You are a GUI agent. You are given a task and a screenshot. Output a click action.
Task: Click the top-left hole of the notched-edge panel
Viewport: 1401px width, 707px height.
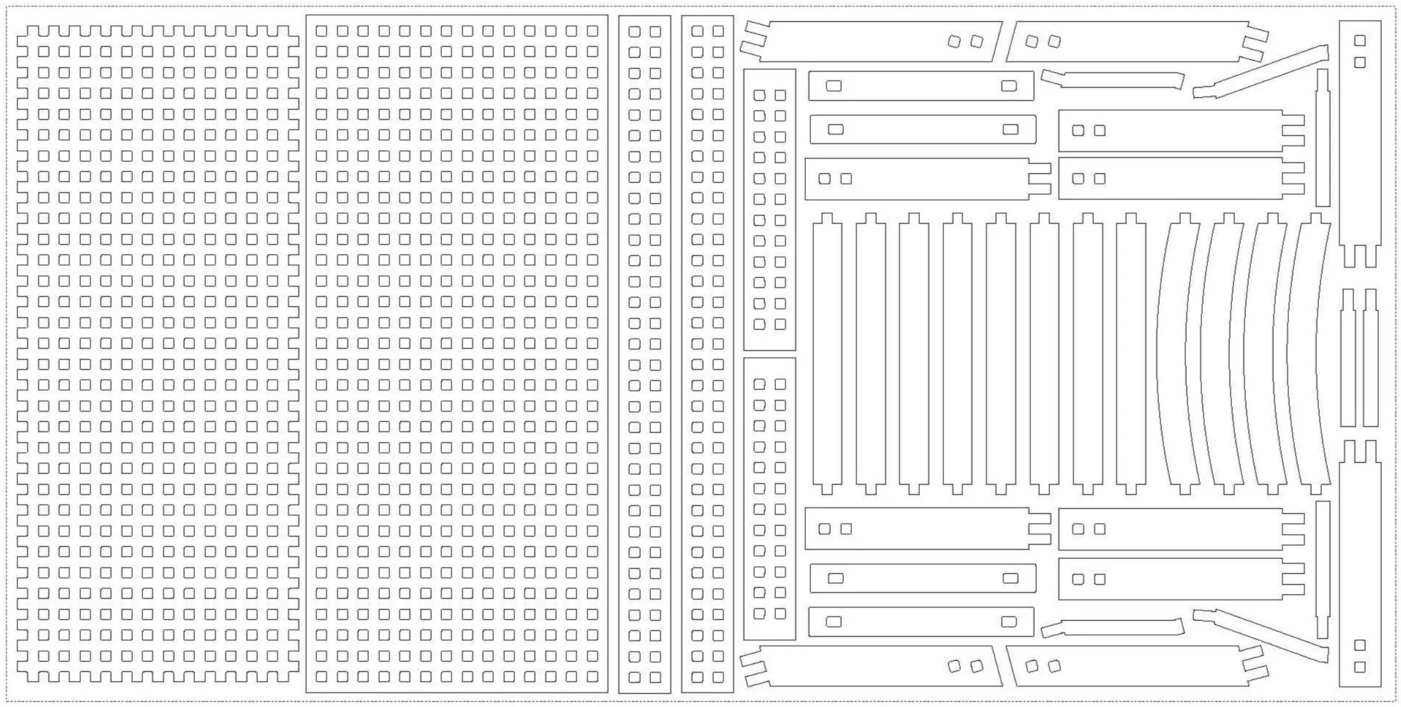pos(43,52)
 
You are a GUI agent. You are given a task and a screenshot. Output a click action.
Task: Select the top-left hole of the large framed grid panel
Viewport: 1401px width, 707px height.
pos(322,31)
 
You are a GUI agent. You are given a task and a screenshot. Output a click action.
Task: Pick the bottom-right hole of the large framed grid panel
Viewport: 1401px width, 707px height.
pos(592,677)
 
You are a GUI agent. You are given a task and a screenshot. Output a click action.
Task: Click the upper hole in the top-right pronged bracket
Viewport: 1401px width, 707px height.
pos(1359,40)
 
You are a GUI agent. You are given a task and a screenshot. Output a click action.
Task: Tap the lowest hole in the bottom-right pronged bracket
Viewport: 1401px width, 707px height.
pos(1359,667)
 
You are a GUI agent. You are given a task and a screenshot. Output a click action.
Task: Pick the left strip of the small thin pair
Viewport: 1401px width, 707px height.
pos(1348,358)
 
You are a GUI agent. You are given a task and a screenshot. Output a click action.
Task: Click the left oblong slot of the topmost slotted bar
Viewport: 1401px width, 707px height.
pos(833,86)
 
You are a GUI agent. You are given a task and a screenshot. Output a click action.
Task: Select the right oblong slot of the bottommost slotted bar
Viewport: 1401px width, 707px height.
pos(1009,622)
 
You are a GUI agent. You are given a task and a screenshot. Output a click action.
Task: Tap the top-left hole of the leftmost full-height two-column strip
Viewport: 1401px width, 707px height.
pos(634,31)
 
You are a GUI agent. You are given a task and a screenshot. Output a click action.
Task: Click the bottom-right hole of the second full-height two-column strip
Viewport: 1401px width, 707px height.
pos(718,677)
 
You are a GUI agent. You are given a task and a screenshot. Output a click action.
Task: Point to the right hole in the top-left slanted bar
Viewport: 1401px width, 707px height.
pos(976,42)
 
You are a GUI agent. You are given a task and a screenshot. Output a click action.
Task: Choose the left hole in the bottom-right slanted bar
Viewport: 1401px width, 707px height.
pos(1031,666)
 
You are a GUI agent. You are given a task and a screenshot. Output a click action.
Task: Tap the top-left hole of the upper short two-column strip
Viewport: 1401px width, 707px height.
pos(759,96)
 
